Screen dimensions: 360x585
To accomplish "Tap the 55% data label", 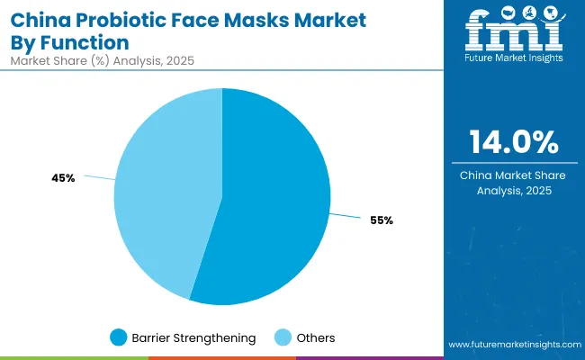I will pyautogui.click(x=381, y=220).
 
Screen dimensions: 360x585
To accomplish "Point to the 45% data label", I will pyautogui.click(x=63, y=178).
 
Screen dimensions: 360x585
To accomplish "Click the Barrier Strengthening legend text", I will pyautogui.click(x=194, y=337).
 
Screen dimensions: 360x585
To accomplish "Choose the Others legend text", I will pyautogui.click(x=316, y=337).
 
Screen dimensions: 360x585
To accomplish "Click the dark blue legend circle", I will pyautogui.click(x=118, y=337).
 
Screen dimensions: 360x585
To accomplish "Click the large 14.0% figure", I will pyautogui.click(x=513, y=142).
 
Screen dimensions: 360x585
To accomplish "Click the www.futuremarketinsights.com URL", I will pyautogui.click(x=512, y=345).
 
